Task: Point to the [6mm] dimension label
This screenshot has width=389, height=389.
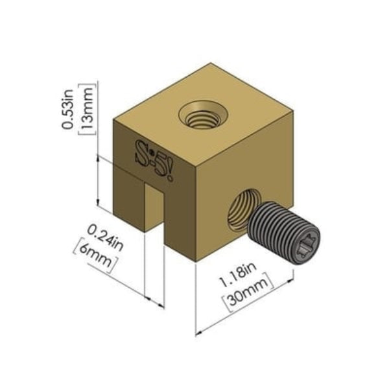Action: [96, 254]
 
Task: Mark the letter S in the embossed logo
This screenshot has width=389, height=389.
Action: [141, 150]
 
